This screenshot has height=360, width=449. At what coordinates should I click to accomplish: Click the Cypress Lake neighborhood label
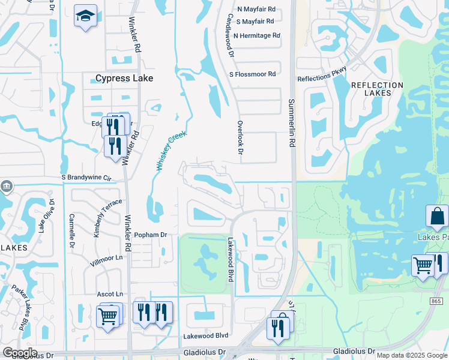coord(124,78)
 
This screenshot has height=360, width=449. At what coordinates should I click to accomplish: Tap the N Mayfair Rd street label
coord(256,10)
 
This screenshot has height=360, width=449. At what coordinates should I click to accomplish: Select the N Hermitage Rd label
coord(257,35)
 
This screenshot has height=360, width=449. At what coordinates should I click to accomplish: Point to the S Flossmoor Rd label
coord(252,74)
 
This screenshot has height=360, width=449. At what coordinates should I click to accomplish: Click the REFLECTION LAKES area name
coord(377,90)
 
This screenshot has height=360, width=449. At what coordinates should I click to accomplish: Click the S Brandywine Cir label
coord(87,178)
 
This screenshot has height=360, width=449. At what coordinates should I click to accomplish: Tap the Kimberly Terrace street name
coord(109,217)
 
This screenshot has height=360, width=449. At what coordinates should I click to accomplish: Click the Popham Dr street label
coord(150,235)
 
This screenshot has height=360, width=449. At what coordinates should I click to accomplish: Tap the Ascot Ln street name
coord(110,294)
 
